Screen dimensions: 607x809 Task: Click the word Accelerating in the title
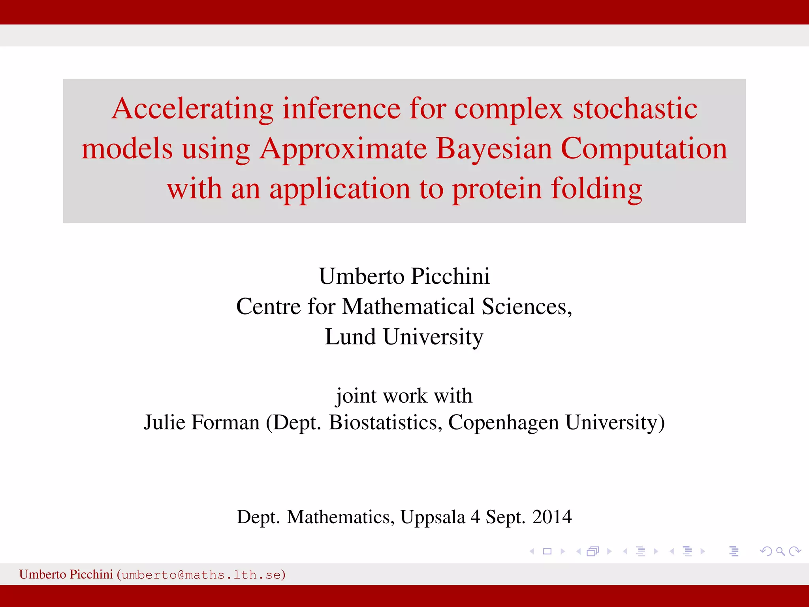192,109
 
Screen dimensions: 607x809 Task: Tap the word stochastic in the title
635,109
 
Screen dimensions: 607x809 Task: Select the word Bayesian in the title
494,149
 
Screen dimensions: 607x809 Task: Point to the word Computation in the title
643,149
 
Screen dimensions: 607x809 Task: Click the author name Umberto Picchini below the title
404,276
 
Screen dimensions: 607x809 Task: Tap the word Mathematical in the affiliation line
408,306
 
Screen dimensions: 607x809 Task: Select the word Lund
350,337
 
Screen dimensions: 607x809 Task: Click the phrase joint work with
404,396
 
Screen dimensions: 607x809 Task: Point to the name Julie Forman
201,422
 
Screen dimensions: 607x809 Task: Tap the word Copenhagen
503,422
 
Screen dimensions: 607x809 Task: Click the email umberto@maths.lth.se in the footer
201,575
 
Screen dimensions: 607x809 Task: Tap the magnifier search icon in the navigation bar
780,551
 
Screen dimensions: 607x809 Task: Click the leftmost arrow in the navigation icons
532,551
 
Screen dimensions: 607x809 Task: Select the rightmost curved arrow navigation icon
795,551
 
